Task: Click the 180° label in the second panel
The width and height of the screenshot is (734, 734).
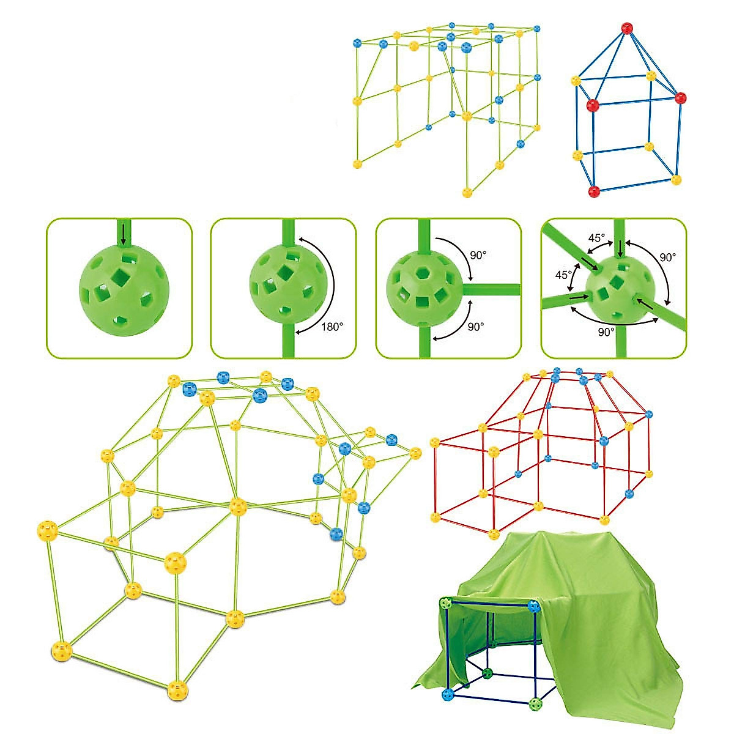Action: (333, 327)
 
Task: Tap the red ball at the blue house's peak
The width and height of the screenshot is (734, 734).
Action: (626, 28)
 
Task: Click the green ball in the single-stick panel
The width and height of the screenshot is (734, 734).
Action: (119, 289)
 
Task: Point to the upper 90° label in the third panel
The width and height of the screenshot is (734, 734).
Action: (479, 254)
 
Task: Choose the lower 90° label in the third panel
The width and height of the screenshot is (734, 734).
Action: (476, 327)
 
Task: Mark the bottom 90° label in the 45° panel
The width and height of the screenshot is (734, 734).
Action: (606, 332)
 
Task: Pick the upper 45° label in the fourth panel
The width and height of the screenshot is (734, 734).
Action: (596, 238)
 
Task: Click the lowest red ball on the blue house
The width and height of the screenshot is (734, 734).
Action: (593, 191)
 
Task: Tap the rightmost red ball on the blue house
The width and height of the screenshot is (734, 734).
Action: (681, 97)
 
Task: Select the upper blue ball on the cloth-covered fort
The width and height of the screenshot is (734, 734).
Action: (535, 606)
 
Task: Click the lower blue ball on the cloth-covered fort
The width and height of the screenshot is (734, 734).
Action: (448, 694)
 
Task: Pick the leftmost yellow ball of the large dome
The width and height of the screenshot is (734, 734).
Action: (47, 530)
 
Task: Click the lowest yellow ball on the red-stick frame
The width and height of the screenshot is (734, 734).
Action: (494, 534)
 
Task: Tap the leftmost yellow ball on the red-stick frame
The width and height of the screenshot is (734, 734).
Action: (435, 443)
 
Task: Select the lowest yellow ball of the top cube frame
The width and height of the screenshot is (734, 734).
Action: (467, 193)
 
